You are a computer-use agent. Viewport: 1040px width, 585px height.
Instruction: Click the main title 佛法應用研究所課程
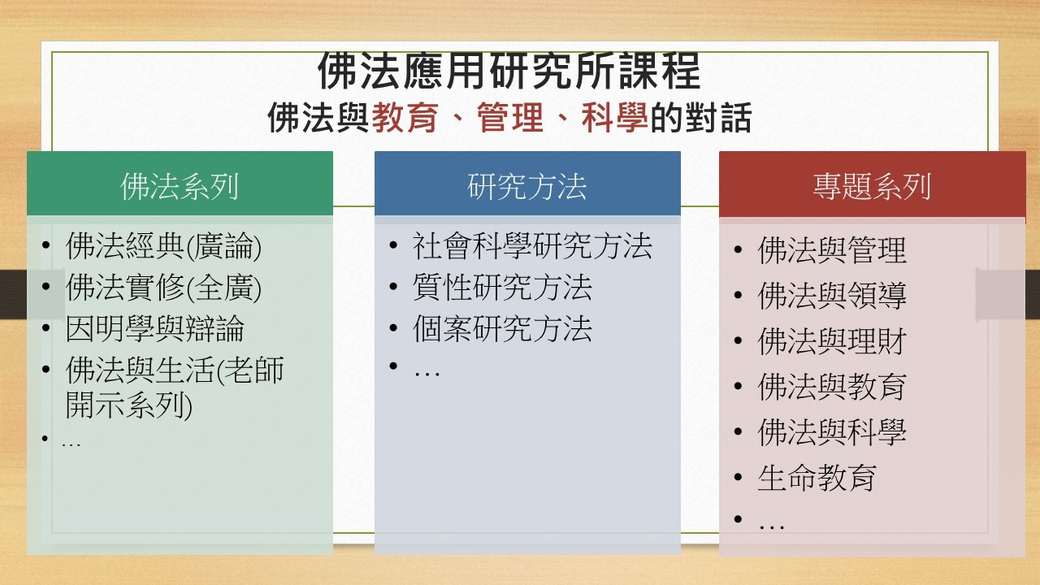point(509,71)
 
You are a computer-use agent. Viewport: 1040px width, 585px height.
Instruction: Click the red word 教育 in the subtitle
point(405,118)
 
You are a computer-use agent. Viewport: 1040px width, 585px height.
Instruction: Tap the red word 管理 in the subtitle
point(510,118)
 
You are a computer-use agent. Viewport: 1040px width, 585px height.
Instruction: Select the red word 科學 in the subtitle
point(615,118)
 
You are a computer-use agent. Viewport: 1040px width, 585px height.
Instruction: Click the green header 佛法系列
point(180,186)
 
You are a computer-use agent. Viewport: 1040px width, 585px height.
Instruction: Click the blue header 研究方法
point(527,186)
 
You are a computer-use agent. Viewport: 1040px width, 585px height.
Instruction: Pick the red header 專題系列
point(872,186)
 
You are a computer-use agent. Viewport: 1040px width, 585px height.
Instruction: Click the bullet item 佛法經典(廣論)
point(163,246)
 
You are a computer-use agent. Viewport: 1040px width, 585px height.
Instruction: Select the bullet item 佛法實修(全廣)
point(163,288)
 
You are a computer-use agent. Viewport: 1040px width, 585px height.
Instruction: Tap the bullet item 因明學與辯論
point(155,329)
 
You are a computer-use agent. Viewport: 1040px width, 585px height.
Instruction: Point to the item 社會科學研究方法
point(532,246)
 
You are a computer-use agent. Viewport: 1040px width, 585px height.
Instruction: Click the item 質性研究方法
point(502,288)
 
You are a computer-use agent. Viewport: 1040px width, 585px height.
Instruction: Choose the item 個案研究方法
point(502,329)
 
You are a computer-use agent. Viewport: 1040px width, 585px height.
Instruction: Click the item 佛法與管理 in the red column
point(832,250)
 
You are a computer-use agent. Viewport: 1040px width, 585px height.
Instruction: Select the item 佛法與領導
point(832,295)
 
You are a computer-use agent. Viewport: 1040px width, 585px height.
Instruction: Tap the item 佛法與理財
point(832,340)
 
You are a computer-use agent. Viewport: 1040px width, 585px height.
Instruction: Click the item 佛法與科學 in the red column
point(832,431)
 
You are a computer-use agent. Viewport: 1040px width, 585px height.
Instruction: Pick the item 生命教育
point(817,477)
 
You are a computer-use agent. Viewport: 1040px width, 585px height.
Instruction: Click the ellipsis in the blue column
point(427,373)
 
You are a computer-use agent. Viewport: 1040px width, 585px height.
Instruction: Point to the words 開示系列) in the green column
point(129,405)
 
